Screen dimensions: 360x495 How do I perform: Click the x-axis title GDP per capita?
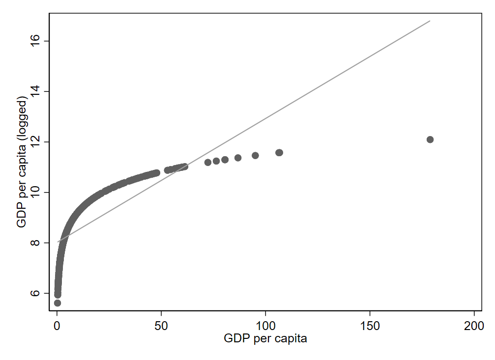pos(265,339)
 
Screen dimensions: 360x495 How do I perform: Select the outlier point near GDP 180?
pos(430,139)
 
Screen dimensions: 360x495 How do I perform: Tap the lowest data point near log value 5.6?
pos(58,303)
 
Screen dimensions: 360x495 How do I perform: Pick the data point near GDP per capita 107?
pos(279,153)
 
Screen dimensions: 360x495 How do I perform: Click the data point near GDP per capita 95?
pos(255,156)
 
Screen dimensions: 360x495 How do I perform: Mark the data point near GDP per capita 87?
pos(238,158)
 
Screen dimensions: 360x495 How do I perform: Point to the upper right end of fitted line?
pos(430,21)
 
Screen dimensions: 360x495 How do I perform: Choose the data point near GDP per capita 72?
pos(208,162)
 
